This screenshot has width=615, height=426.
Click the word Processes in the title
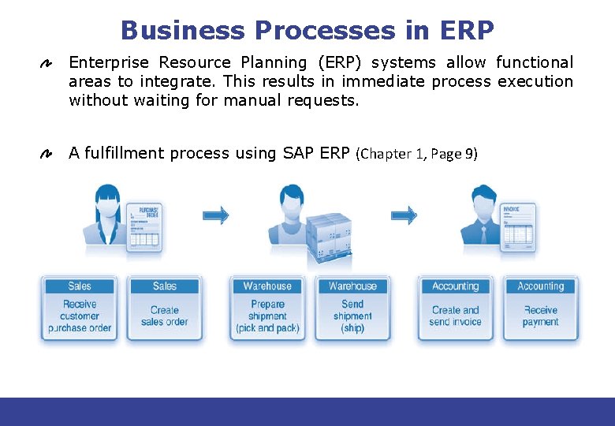tap(323, 31)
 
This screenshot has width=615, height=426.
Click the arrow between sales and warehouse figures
tap(214, 215)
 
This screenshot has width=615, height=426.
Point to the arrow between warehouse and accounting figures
tap(404, 215)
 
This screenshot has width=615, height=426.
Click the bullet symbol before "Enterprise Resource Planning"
tap(47, 62)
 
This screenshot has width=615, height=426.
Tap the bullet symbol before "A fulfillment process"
tap(47, 153)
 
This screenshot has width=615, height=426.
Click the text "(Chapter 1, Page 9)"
tap(417, 154)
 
